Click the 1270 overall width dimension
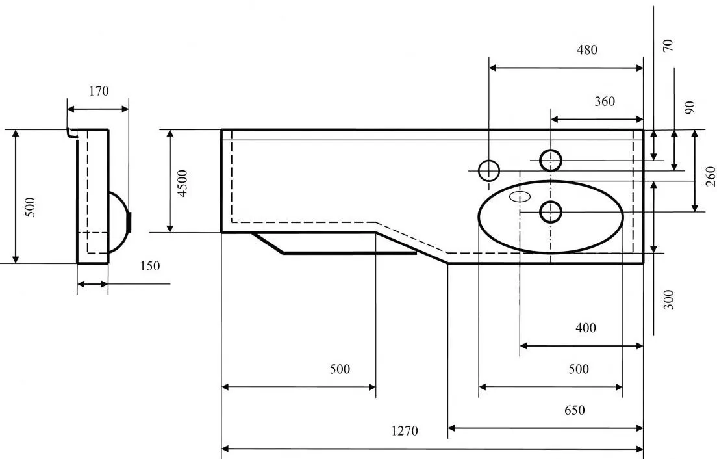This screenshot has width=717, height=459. click(405, 431)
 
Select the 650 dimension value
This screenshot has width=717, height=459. click(574, 410)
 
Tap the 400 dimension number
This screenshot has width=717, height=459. click(586, 328)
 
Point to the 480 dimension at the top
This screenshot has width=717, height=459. click(586, 50)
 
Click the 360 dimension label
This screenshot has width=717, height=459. click(605, 101)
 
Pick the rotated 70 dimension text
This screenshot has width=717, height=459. click(668, 46)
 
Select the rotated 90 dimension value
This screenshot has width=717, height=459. click(689, 108)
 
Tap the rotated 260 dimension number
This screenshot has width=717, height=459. click(710, 176)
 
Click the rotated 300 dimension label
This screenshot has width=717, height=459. click(668, 300)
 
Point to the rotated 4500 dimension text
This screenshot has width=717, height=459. click(182, 183)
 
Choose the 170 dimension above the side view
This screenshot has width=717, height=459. click(99, 91)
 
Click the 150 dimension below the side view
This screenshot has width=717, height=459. click(150, 266)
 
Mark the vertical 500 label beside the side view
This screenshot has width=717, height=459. click(30, 207)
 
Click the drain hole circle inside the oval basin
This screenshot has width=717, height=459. click(551, 212)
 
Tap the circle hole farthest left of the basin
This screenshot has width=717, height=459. click(489, 171)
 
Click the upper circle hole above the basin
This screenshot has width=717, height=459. click(551, 160)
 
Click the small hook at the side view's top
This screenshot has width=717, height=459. click(71, 133)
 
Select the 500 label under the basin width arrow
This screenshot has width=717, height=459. click(579, 369)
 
